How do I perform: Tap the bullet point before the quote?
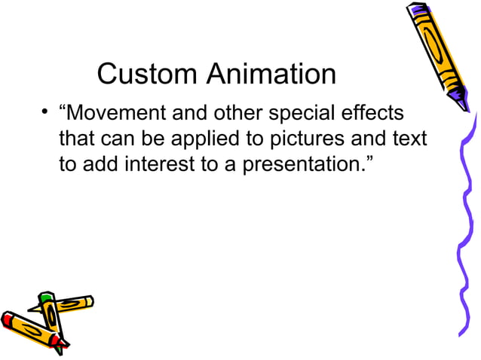point(46,114)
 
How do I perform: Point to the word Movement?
point(116,114)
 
